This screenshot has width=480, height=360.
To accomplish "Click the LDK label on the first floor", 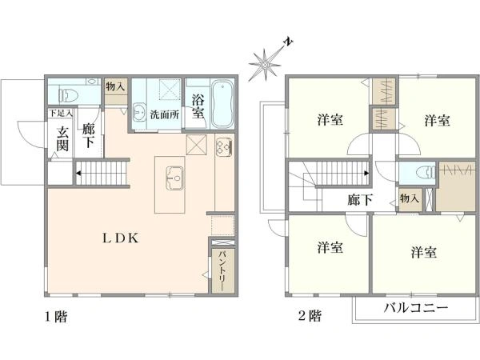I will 120,238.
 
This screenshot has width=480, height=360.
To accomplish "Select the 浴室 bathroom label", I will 198,107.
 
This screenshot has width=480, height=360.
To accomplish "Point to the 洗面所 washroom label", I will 166,114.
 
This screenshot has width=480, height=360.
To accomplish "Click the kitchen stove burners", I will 223,146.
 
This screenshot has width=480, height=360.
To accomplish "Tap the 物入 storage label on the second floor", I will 409,198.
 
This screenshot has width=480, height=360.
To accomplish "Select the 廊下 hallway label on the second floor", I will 359,200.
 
